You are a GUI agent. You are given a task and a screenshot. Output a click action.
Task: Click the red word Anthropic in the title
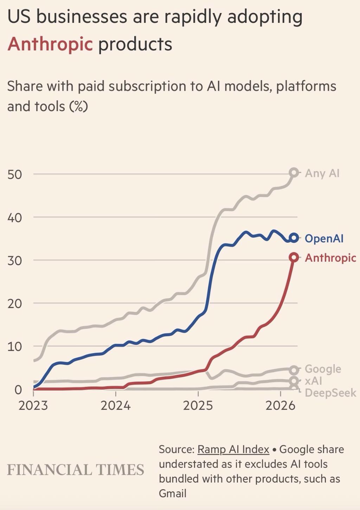pos(50,44)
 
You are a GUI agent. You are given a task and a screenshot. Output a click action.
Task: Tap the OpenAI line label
pos(324,238)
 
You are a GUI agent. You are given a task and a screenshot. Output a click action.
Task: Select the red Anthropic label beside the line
pos(330,258)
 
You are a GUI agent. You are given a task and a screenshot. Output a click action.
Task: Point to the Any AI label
pos(322,173)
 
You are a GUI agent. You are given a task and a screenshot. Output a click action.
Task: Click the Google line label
pos(323,369)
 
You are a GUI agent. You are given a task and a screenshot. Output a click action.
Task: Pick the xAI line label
pos(313,381)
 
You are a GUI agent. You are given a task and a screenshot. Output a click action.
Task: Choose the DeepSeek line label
pos(330,393)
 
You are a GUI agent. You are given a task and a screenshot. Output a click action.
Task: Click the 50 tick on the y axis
pos(14,174)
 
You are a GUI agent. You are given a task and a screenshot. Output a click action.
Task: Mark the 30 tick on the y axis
pos(14,260)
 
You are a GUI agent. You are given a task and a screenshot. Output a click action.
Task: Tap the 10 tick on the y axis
pos(14,346)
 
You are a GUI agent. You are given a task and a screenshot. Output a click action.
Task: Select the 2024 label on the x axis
pos(115,406)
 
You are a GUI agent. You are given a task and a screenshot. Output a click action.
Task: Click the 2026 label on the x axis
pos(280,406)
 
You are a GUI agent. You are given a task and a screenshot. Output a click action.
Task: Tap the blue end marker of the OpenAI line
pos(294,238)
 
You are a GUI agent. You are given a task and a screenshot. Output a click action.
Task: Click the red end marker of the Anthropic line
pos(294,257)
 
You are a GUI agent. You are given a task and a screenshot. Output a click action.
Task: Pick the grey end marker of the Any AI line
pos(294,173)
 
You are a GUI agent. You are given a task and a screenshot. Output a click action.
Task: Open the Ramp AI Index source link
pos(233,449)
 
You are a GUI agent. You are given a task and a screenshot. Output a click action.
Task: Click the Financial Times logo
pos(76,470)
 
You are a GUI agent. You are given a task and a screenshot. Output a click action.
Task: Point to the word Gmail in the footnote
pos(172,493)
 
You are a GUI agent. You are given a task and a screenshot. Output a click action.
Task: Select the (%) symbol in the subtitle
pos(78,106)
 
